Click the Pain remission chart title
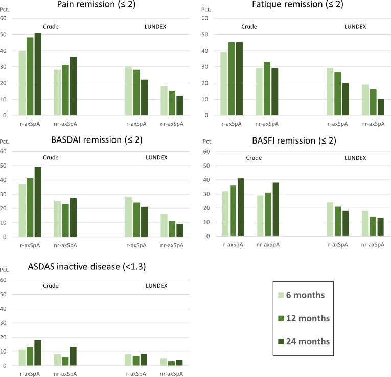96,4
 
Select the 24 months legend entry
304,341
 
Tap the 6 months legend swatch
281,295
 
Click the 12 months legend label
308,318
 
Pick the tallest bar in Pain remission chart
38,74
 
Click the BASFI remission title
294,141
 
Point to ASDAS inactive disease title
87,267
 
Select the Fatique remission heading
297,4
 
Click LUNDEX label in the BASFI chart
355,158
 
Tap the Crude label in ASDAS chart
51,286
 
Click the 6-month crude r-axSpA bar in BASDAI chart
22,210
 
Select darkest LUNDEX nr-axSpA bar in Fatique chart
381,107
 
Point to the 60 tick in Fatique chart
205,18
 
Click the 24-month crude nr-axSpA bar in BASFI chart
275,209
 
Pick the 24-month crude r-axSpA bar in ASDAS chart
38,353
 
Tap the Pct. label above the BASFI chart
208,142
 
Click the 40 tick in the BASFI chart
206,180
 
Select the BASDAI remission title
97,140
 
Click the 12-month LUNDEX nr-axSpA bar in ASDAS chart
171,364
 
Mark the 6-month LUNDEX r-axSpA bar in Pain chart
128,91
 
